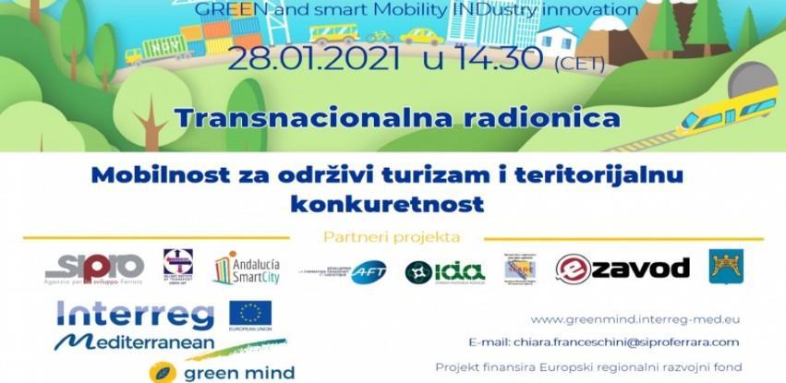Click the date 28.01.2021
(314, 61)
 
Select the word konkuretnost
(387, 200)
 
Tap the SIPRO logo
(95, 268)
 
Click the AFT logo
(368, 271)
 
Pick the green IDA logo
(445, 271)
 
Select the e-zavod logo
(623, 269)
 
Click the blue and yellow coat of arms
(726, 267)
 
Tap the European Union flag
(250, 314)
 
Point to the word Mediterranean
(135, 342)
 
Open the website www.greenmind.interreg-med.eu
(635, 319)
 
